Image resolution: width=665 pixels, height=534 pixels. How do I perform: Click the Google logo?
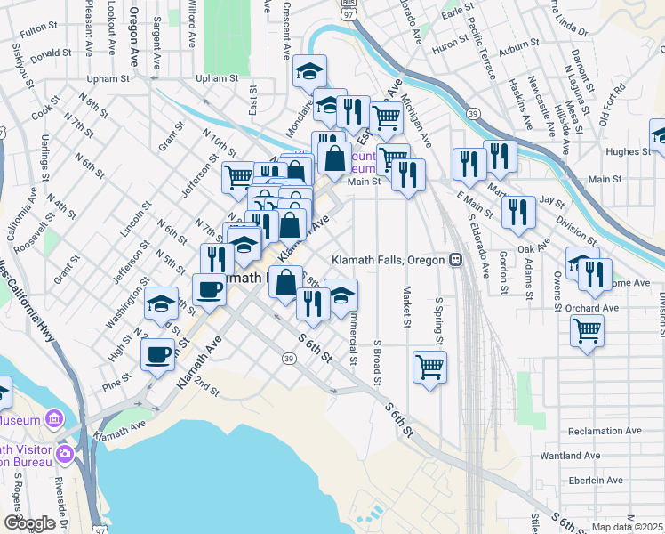pos(29,523)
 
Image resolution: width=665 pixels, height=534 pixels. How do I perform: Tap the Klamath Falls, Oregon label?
pos(388,260)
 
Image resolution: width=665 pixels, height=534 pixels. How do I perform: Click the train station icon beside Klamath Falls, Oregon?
pos(455,260)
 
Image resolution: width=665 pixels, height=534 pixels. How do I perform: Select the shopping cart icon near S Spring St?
pos(429,366)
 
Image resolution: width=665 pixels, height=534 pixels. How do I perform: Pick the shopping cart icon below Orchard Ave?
pos(587,330)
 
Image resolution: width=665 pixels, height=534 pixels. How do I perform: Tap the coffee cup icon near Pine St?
pos(158,353)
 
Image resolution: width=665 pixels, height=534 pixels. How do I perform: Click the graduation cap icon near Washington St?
pos(161,303)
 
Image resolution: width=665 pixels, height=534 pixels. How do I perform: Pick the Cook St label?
pos(45,114)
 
